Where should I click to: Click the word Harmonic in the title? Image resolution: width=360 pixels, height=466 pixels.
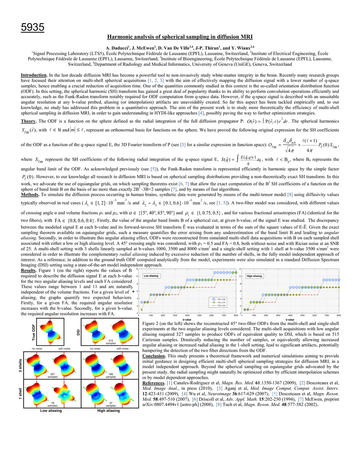coord(121,37)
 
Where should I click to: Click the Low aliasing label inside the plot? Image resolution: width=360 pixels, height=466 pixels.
coord(153,276)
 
